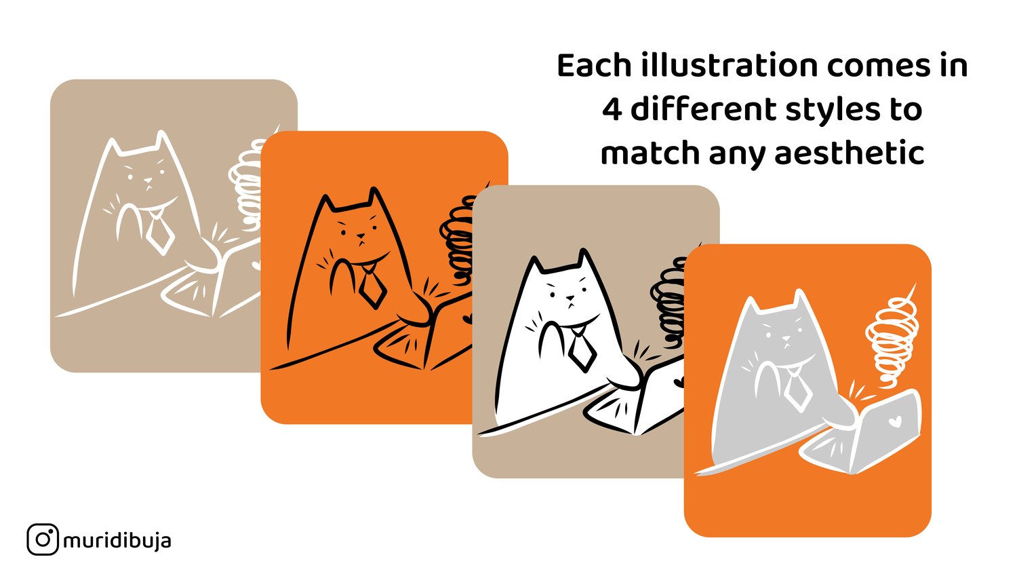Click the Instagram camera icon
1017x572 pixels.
pyautogui.click(x=43, y=539)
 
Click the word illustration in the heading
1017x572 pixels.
pyautogui.click(x=730, y=65)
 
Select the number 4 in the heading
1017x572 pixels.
pyautogui.click(x=612, y=109)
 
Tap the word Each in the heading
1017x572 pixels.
pyautogui.click(x=595, y=66)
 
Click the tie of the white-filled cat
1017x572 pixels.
pyautogui.click(x=582, y=349)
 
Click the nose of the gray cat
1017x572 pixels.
pyautogui.click(x=785, y=339)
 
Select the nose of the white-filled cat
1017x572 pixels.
pyautogui.click(x=570, y=299)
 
